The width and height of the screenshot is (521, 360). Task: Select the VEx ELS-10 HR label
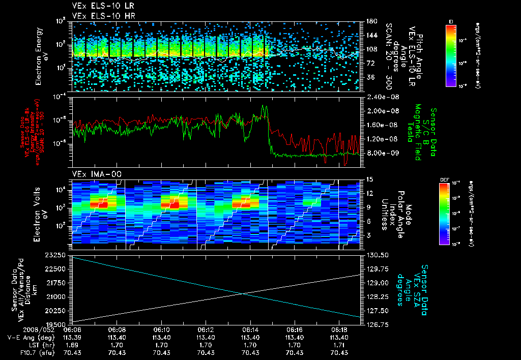99,15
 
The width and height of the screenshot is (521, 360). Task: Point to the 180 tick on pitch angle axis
370,21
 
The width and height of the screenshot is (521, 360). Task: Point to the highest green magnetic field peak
264,106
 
